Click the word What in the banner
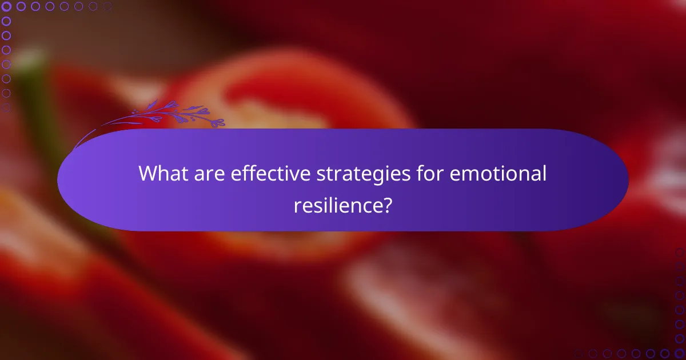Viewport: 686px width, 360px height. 162,174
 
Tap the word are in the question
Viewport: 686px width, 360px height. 208,174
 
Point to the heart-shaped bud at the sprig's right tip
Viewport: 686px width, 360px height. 220,122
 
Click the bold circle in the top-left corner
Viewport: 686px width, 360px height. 6,6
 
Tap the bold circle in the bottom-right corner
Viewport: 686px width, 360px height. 679,353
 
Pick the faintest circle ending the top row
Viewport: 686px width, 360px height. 108,6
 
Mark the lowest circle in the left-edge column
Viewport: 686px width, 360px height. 6,107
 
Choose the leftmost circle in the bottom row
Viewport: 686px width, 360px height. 578,353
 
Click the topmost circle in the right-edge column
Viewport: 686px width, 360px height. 679,251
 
